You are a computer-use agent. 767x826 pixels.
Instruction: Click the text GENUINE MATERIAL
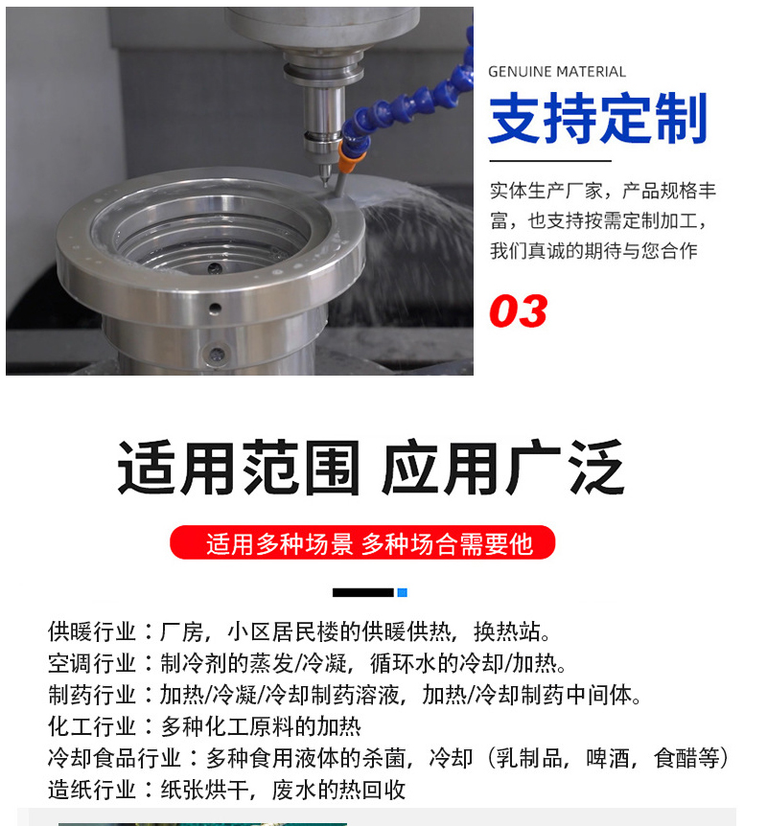coord(557,72)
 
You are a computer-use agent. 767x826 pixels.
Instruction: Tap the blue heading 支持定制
coord(598,118)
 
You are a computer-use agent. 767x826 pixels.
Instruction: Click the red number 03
coord(518,310)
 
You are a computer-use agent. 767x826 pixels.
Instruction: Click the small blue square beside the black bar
coord(402,592)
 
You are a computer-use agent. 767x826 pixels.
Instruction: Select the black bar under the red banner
coord(363,592)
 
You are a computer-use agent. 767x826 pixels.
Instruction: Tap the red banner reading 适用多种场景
coord(362,542)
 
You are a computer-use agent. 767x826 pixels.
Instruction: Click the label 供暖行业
coord(92,631)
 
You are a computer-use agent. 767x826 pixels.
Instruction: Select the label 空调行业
coord(92,663)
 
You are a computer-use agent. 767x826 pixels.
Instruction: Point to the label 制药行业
coord(92,695)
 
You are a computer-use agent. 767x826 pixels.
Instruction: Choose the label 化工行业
coord(92,726)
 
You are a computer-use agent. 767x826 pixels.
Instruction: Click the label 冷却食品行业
coord(114,758)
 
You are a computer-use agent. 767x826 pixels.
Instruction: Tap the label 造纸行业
coord(92,790)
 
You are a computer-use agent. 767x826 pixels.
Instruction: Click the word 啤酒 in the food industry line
coord(608,758)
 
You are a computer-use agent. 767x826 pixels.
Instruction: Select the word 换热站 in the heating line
coord(507,631)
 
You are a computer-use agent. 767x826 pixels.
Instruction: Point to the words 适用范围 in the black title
coord(239,468)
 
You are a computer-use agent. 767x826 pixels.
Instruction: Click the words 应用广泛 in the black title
coord(503,468)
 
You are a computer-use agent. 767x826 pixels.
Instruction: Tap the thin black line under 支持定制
coord(550,161)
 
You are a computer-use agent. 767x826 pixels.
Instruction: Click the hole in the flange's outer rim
coord(215,309)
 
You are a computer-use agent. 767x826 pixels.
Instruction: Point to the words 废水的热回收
coord(338,790)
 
